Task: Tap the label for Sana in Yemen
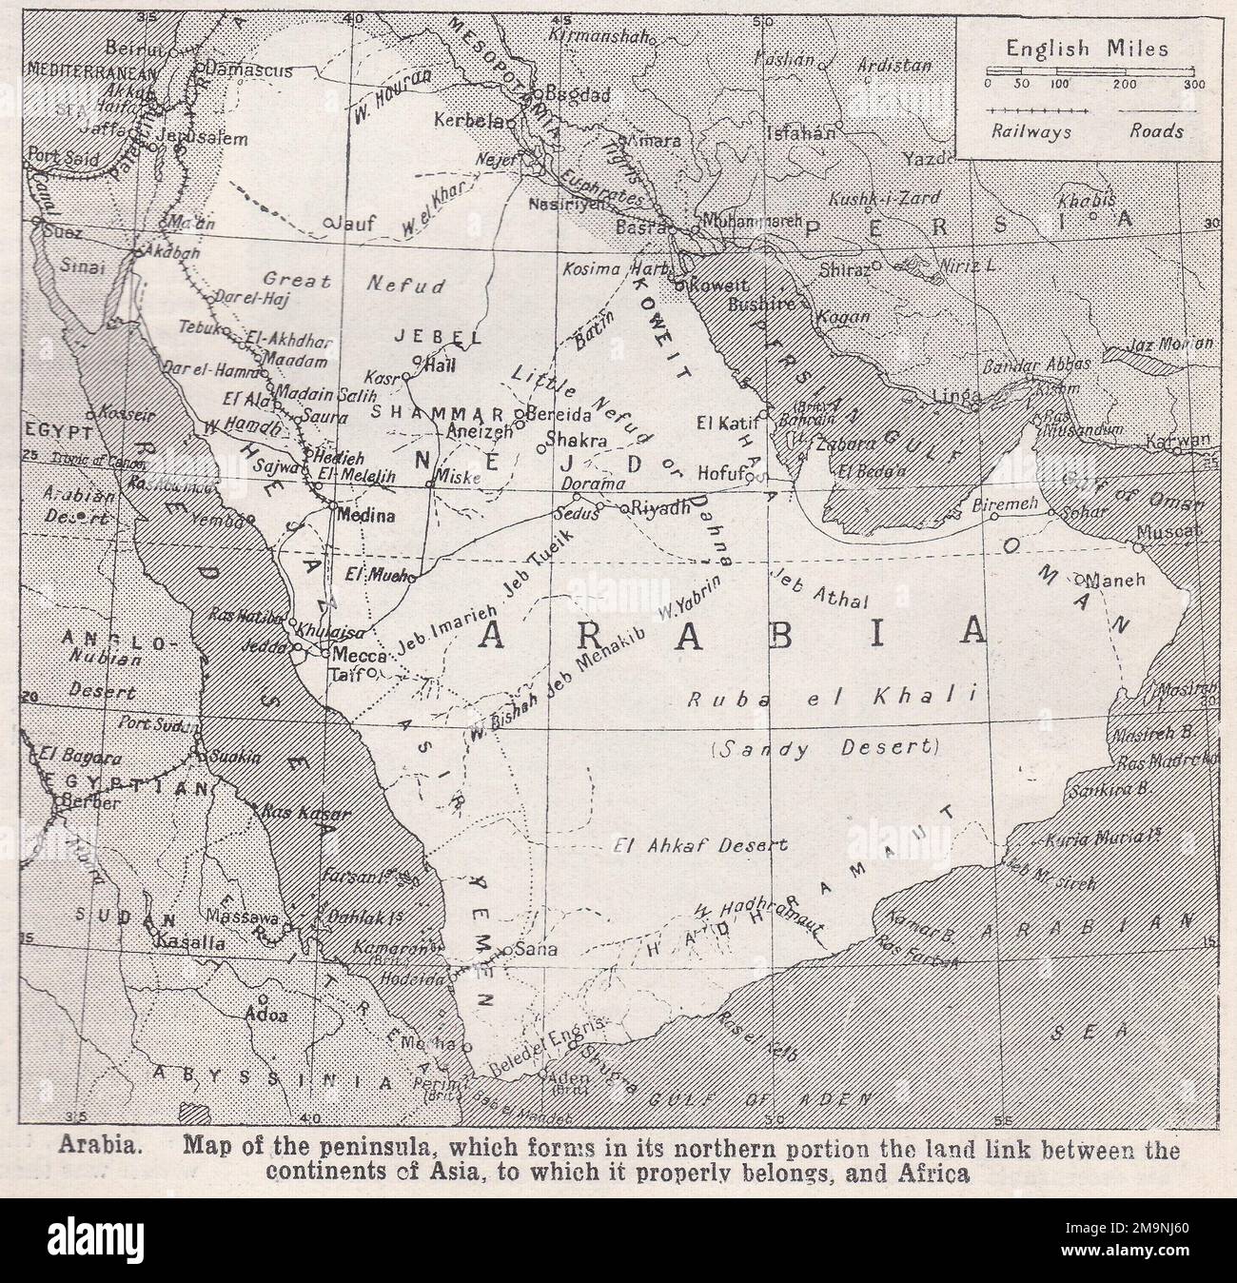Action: pyautogui.click(x=533, y=950)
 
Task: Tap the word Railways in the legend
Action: pyautogui.click(x=1031, y=132)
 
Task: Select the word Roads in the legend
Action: pyautogui.click(x=1157, y=132)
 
